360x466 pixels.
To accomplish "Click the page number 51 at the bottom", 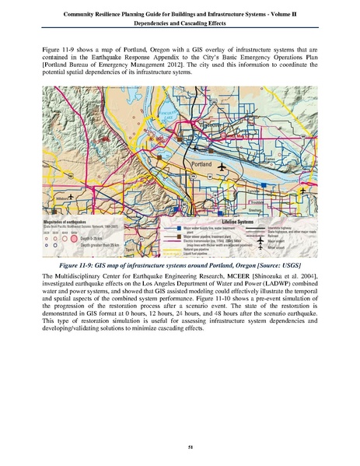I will (180, 444).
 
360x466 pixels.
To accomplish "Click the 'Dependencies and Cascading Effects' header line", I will (180, 23).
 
